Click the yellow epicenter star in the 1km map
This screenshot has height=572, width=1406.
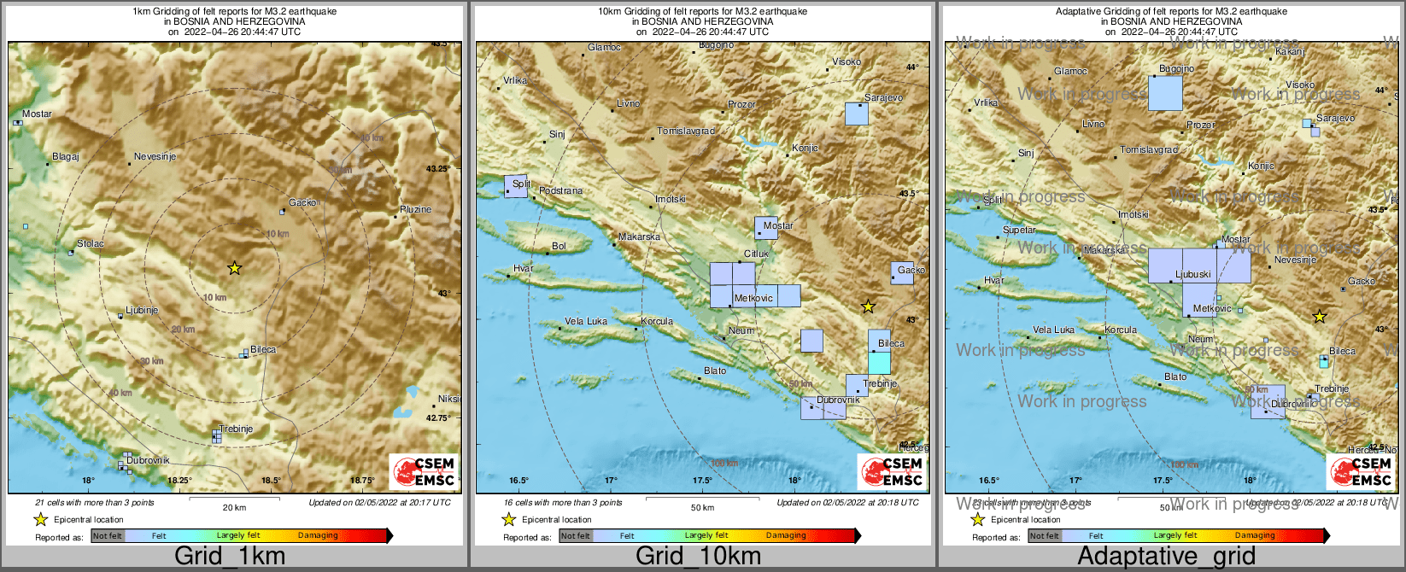pos(235,268)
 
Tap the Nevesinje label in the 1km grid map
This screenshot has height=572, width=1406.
pos(155,157)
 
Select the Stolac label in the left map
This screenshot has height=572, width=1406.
pos(91,244)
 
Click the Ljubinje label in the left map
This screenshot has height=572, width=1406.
pos(142,311)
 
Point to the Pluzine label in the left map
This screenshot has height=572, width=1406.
pos(415,209)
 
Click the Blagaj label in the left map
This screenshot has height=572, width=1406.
pos(66,157)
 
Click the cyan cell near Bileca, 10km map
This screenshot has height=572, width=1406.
pos(879,362)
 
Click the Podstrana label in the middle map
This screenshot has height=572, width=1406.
pos(561,191)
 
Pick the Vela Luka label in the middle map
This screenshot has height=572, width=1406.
pos(586,322)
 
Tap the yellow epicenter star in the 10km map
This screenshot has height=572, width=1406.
pos(868,306)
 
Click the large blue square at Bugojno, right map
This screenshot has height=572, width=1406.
pos(1165,93)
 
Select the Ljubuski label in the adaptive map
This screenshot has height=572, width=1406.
pos(1193,275)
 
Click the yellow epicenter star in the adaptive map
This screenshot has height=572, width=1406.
pos(1319,317)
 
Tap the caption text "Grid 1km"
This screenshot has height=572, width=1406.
pos(230,557)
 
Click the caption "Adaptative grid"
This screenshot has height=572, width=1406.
pos(1166,557)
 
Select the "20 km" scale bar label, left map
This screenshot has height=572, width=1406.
pos(234,508)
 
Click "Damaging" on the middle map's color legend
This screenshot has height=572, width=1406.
pos(786,536)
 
